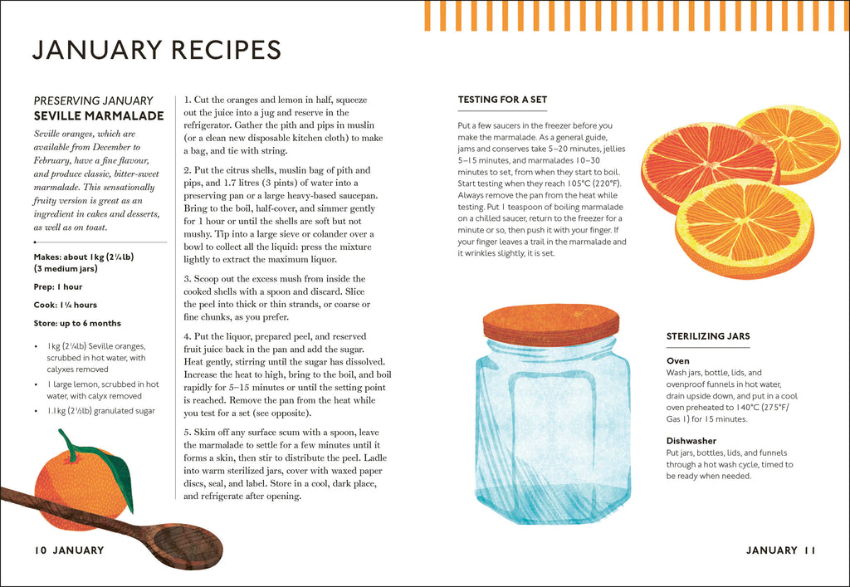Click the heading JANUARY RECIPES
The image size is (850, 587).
point(157,50)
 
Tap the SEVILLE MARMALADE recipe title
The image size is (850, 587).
point(99,115)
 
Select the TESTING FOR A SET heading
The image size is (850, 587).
point(502,99)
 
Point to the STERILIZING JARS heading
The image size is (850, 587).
point(708,336)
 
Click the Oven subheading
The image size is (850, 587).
point(677,361)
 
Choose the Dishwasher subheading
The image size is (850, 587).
point(691,441)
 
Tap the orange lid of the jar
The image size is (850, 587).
point(551,324)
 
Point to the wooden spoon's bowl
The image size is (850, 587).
point(188,545)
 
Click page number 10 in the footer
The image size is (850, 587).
point(41,550)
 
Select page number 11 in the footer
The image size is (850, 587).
point(810,550)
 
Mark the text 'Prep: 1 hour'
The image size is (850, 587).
point(58,286)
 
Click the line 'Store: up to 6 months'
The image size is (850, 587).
point(77,323)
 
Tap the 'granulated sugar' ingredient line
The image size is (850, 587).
point(100,411)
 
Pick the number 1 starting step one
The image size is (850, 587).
point(187,100)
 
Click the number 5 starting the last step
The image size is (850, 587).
point(187,433)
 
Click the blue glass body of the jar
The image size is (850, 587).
point(553,433)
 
